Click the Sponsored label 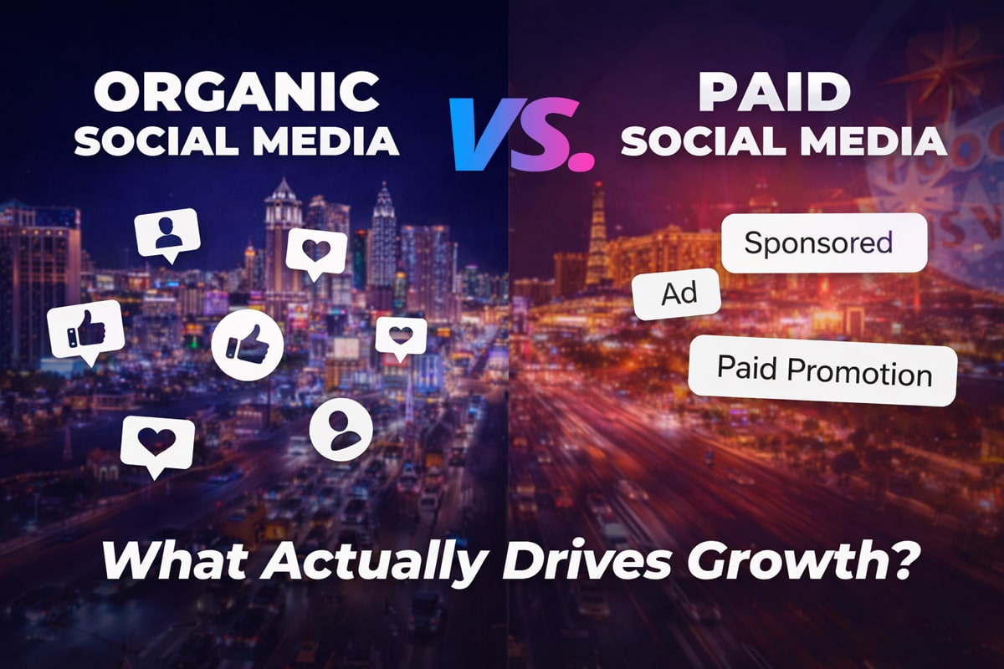pyautogui.click(x=817, y=243)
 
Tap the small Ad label pyautogui.click(x=677, y=294)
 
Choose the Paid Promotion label pyautogui.click(x=822, y=370)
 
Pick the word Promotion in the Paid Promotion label pyautogui.click(x=870, y=372)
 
